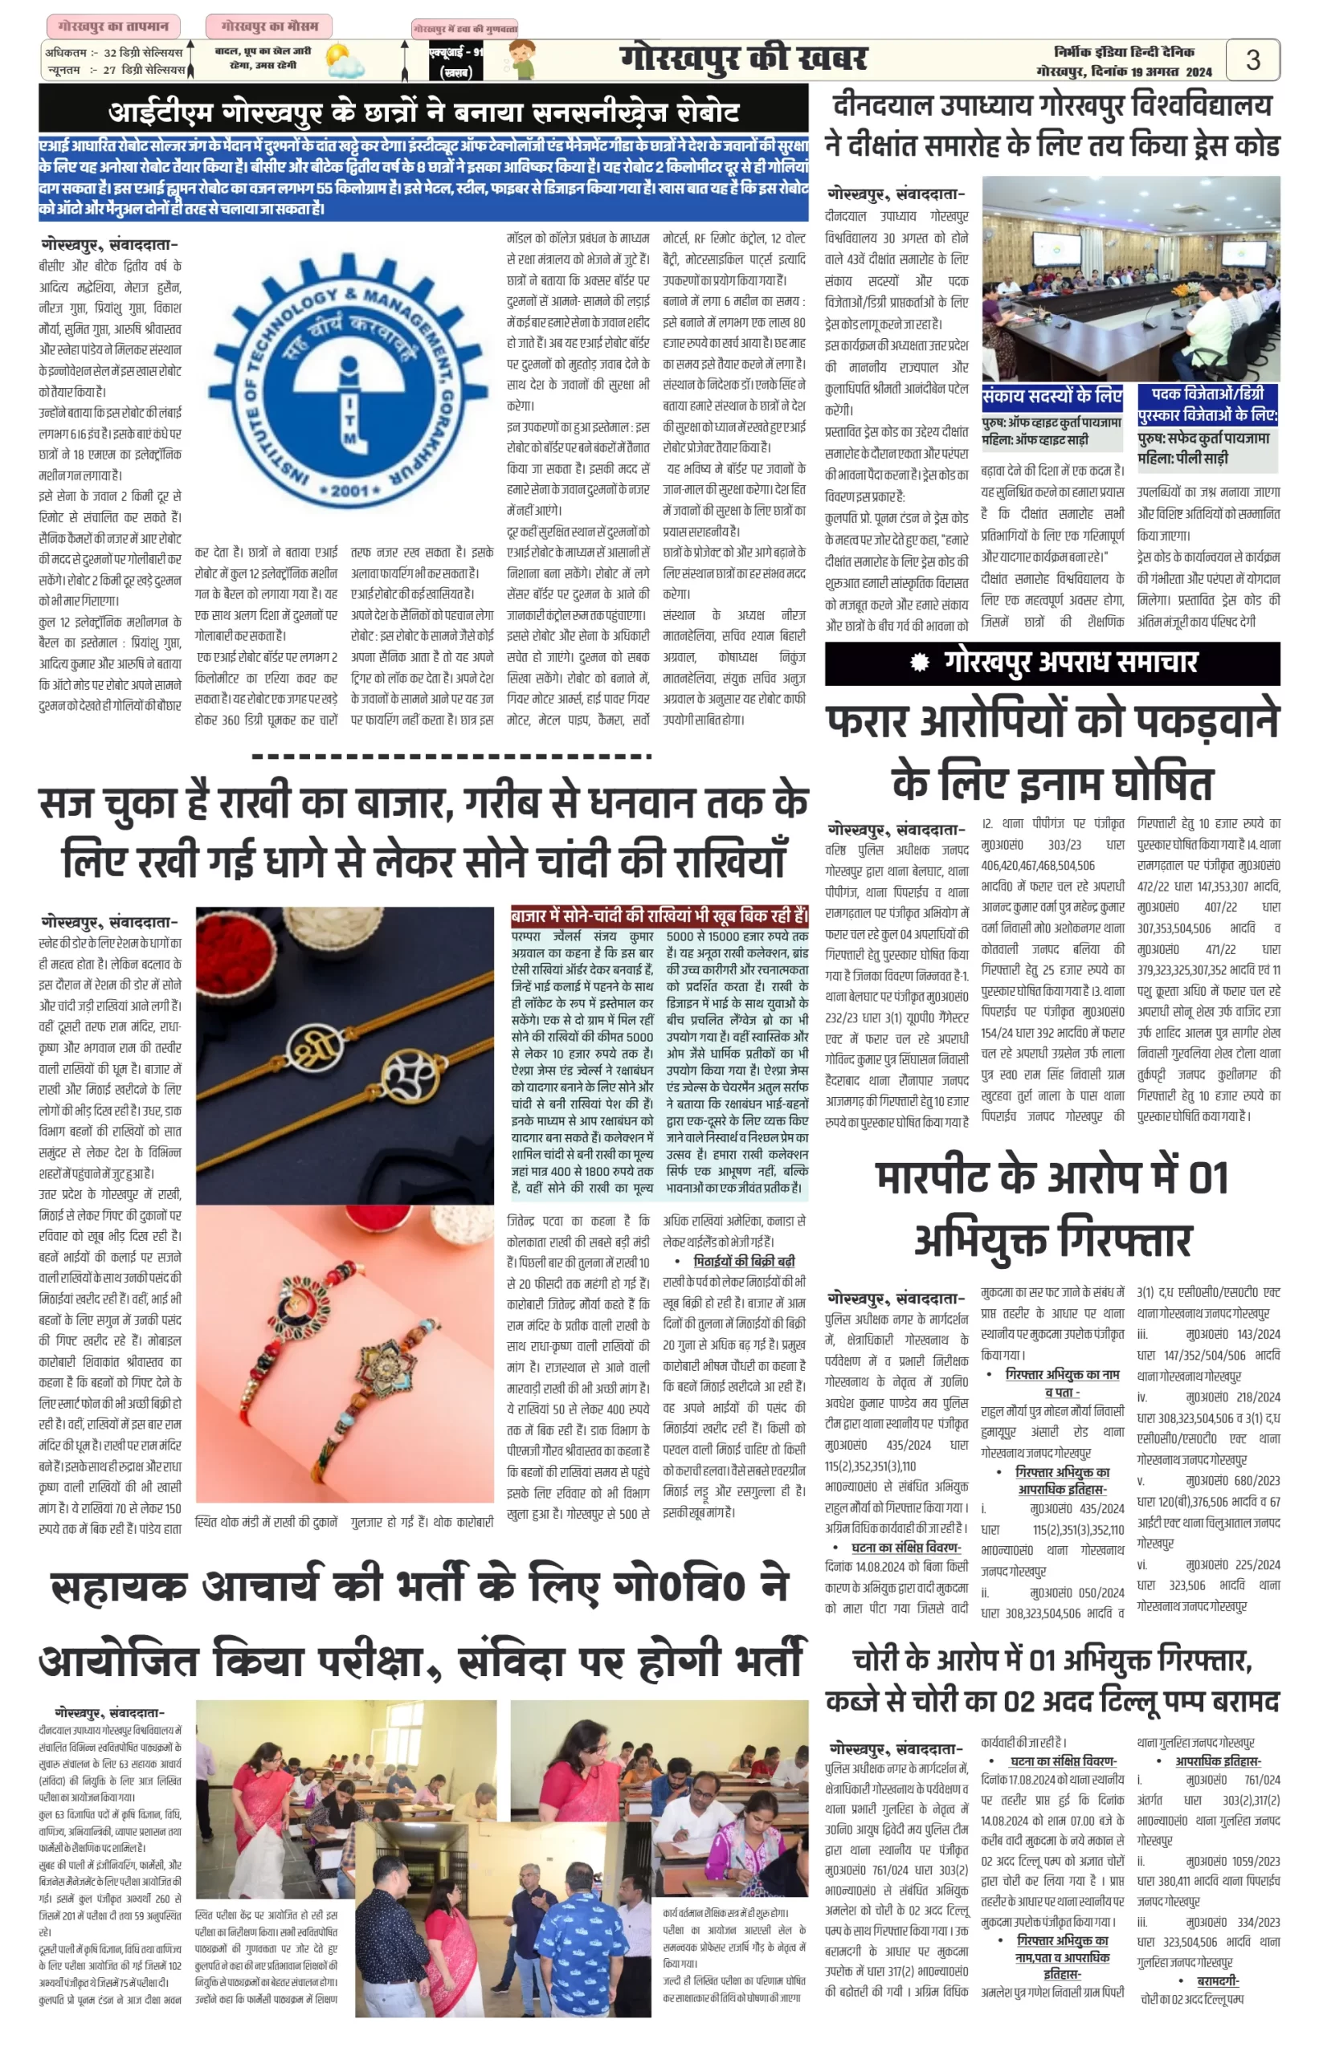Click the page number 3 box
coord(1252,60)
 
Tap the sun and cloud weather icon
coord(345,62)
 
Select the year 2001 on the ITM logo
coord(349,491)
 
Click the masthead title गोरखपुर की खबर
coord(742,59)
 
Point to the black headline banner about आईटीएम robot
coord(423,112)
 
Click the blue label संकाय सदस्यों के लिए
coord(1051,396)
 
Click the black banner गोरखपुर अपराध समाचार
coord(1052,663)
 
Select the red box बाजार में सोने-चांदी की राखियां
coord(659,916)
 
